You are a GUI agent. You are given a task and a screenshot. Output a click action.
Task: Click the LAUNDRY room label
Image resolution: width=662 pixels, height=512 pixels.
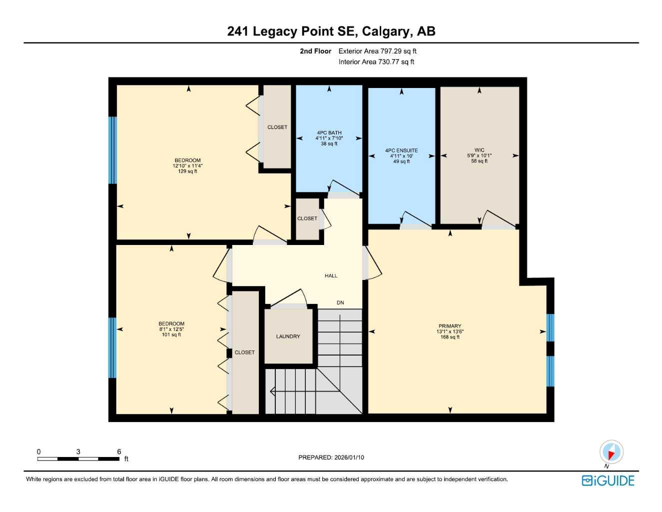[288, 336]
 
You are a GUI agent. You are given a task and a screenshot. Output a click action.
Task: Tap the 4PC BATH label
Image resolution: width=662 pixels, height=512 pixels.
[329, 133]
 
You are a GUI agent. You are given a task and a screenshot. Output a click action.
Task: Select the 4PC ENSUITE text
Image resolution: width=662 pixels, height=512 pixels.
[401, 150]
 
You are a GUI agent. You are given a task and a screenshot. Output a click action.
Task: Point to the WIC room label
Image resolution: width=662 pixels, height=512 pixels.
[479, 150]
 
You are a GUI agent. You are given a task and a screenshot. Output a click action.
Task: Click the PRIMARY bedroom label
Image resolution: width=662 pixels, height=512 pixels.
[450, 326]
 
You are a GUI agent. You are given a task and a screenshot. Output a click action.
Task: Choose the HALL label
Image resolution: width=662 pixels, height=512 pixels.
[331, 275]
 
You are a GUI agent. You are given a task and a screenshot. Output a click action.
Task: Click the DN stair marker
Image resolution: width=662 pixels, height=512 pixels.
[340, 302]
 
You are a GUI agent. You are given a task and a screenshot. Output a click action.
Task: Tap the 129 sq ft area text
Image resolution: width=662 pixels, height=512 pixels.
[187, 171]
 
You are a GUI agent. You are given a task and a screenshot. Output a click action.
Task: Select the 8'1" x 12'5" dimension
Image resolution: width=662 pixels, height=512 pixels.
[171, 329]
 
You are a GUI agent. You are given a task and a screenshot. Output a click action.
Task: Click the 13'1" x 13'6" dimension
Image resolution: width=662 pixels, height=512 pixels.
[450, 331]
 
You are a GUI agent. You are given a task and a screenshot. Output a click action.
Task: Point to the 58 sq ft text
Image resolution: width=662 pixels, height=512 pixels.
[479, 161]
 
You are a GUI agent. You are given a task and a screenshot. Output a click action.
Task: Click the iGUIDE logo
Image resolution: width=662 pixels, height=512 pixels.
[608, 480]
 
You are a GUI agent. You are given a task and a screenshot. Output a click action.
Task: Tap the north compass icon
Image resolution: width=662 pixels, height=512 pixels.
[611, 452]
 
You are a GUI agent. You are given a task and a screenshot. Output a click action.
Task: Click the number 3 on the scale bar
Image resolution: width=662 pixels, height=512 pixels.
[78, 451]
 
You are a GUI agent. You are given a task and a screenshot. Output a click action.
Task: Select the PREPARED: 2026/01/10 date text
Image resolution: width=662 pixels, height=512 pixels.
[331, 457]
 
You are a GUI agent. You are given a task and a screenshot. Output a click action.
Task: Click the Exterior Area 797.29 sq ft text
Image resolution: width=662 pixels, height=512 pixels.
[377, 51]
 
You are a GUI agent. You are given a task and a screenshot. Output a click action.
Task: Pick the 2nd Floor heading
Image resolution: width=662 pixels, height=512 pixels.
[315, 51]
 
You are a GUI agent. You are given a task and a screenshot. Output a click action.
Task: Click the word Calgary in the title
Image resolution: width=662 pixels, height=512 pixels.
[385, 31]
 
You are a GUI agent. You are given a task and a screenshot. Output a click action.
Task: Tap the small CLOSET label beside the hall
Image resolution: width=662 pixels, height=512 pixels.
[307, 218]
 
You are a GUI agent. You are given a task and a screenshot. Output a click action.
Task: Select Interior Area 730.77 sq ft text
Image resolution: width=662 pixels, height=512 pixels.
[376, 62]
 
